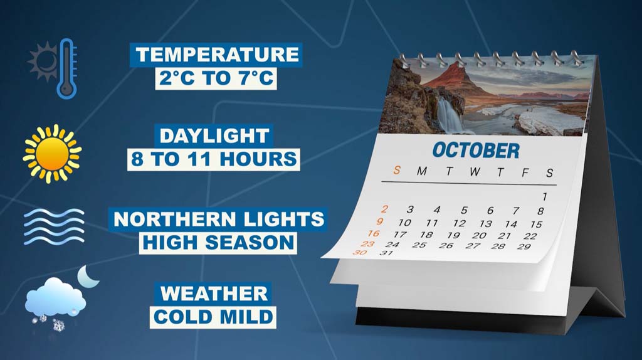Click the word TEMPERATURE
(x=217, y=55)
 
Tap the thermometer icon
(x=66, y=68)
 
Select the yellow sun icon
(x=52, y=154)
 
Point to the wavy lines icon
(x=54, y=226)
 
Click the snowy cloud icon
(x=56, y=299)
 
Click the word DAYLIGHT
(x=214, y=136)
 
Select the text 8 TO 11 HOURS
(x=214, y=159)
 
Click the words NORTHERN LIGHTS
(x=219, y=219)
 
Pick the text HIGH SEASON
(x=218, y=243)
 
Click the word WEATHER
(x=214, y=294)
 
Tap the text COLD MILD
(x=213, y=317)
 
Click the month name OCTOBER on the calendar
(x=476, y=151)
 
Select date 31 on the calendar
(x=386, y=253)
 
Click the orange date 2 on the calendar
(x=384, y=209)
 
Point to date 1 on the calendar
(x=545, y=197)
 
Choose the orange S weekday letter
(x=396, y=170)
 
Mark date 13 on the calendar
(x=486, y=224)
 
